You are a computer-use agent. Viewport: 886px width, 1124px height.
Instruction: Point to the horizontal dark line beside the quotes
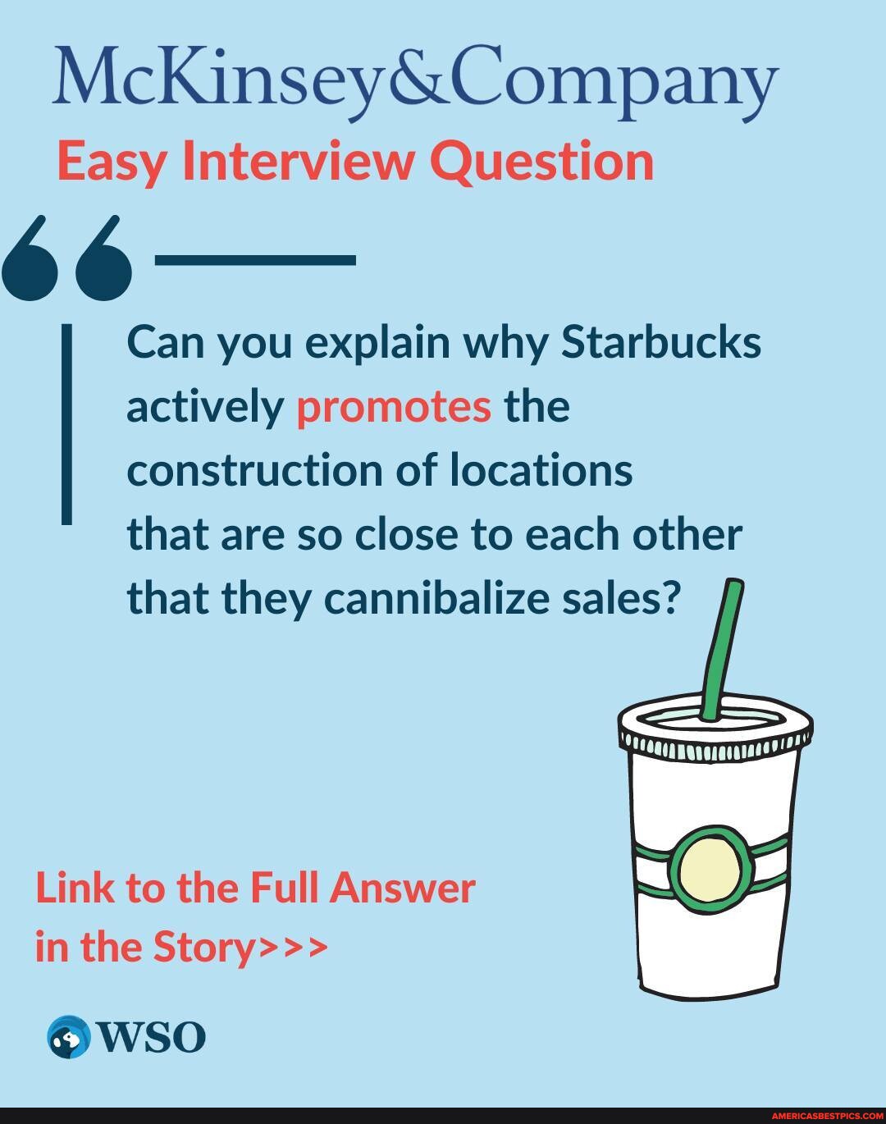[255, 260]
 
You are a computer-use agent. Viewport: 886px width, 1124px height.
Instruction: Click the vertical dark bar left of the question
[66, 423]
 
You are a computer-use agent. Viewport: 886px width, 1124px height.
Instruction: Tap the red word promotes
[394, 405]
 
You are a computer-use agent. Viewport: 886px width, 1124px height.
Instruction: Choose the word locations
[541, 470]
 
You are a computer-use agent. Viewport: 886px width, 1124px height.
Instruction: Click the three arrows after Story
[293, 947]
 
